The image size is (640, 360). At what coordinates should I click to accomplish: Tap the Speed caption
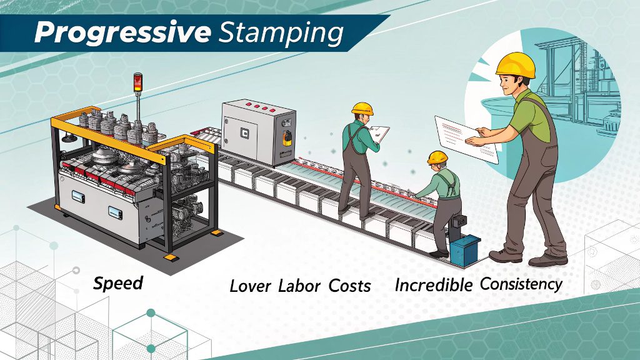click(x=117, y=283)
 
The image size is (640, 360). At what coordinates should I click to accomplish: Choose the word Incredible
click(x=433, y=285)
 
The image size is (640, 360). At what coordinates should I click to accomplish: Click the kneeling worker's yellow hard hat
click(x=437, y=157)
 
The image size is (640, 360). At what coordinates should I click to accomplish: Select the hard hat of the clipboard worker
click(x=362, y=107)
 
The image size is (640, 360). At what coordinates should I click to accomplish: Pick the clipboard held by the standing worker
click(x=379, y=132)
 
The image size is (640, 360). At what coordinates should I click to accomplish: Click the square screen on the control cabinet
click(x=244, y=133)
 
